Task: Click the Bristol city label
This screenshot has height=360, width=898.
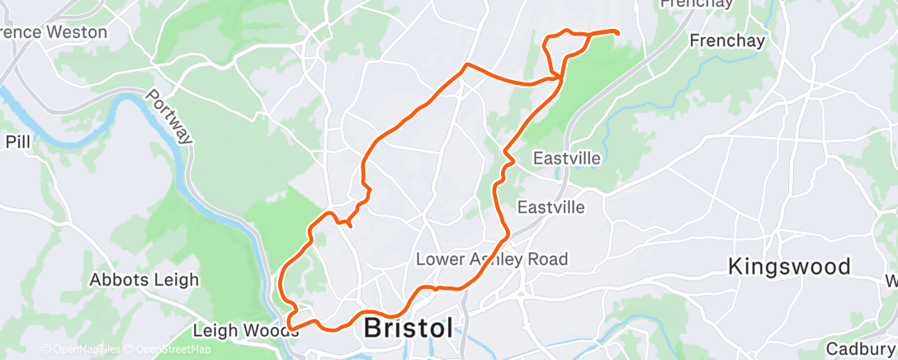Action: [409, 328]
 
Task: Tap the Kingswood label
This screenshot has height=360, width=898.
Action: [790, 267]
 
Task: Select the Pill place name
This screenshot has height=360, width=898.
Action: [17, 141]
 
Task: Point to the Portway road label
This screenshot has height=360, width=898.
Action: [168, 117]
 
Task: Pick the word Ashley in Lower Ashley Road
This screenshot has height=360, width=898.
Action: [494, 259]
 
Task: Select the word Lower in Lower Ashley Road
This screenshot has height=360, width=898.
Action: [439, 259]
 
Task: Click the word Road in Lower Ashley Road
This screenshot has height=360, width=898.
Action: [550, 259]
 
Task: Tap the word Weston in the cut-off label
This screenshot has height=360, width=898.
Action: [78, 32]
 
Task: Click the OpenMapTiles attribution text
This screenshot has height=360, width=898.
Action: [82, 349]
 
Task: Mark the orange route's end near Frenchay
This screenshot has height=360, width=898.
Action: [617, 31]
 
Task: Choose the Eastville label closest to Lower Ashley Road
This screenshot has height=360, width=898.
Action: [551, 206]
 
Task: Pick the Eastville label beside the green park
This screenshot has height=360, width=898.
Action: [566, 157]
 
